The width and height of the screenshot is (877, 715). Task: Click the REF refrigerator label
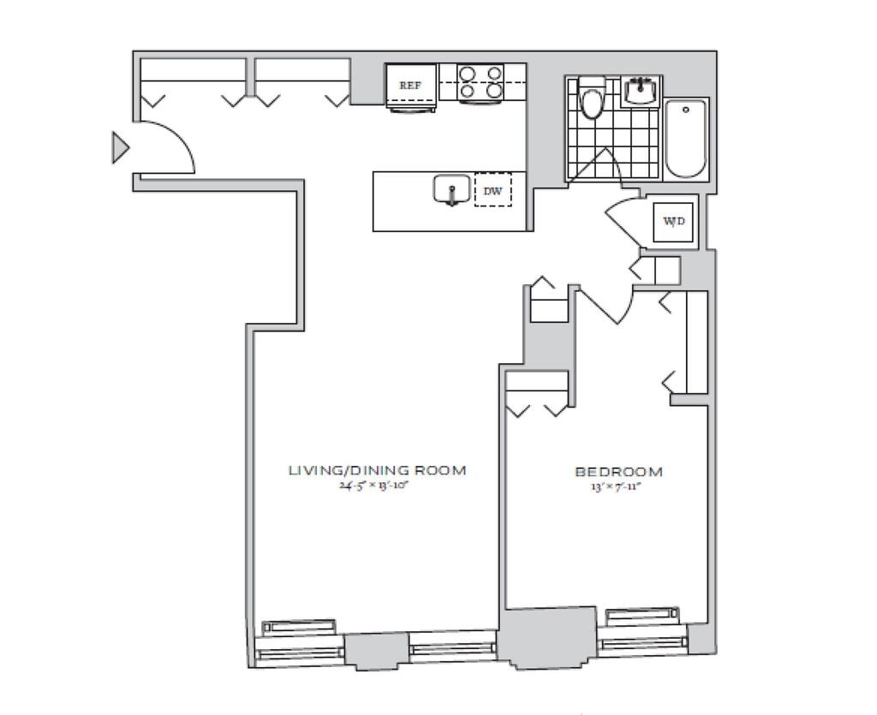tap(410, 86)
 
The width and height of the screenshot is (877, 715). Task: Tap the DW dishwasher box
tap(492, 191)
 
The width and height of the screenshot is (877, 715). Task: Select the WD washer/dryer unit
tap(674, 221)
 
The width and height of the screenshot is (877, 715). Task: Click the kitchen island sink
tap(450, 190)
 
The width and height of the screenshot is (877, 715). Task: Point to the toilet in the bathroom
tap(592, 100)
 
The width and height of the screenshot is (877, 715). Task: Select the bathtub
tap(686, 139)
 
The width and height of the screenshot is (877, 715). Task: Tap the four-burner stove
tap(480, 82)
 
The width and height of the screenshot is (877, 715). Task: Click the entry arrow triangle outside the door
tap(120, 148)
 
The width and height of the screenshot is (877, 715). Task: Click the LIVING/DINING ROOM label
tap(377, 470)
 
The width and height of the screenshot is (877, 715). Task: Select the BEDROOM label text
tap(618, 471)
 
